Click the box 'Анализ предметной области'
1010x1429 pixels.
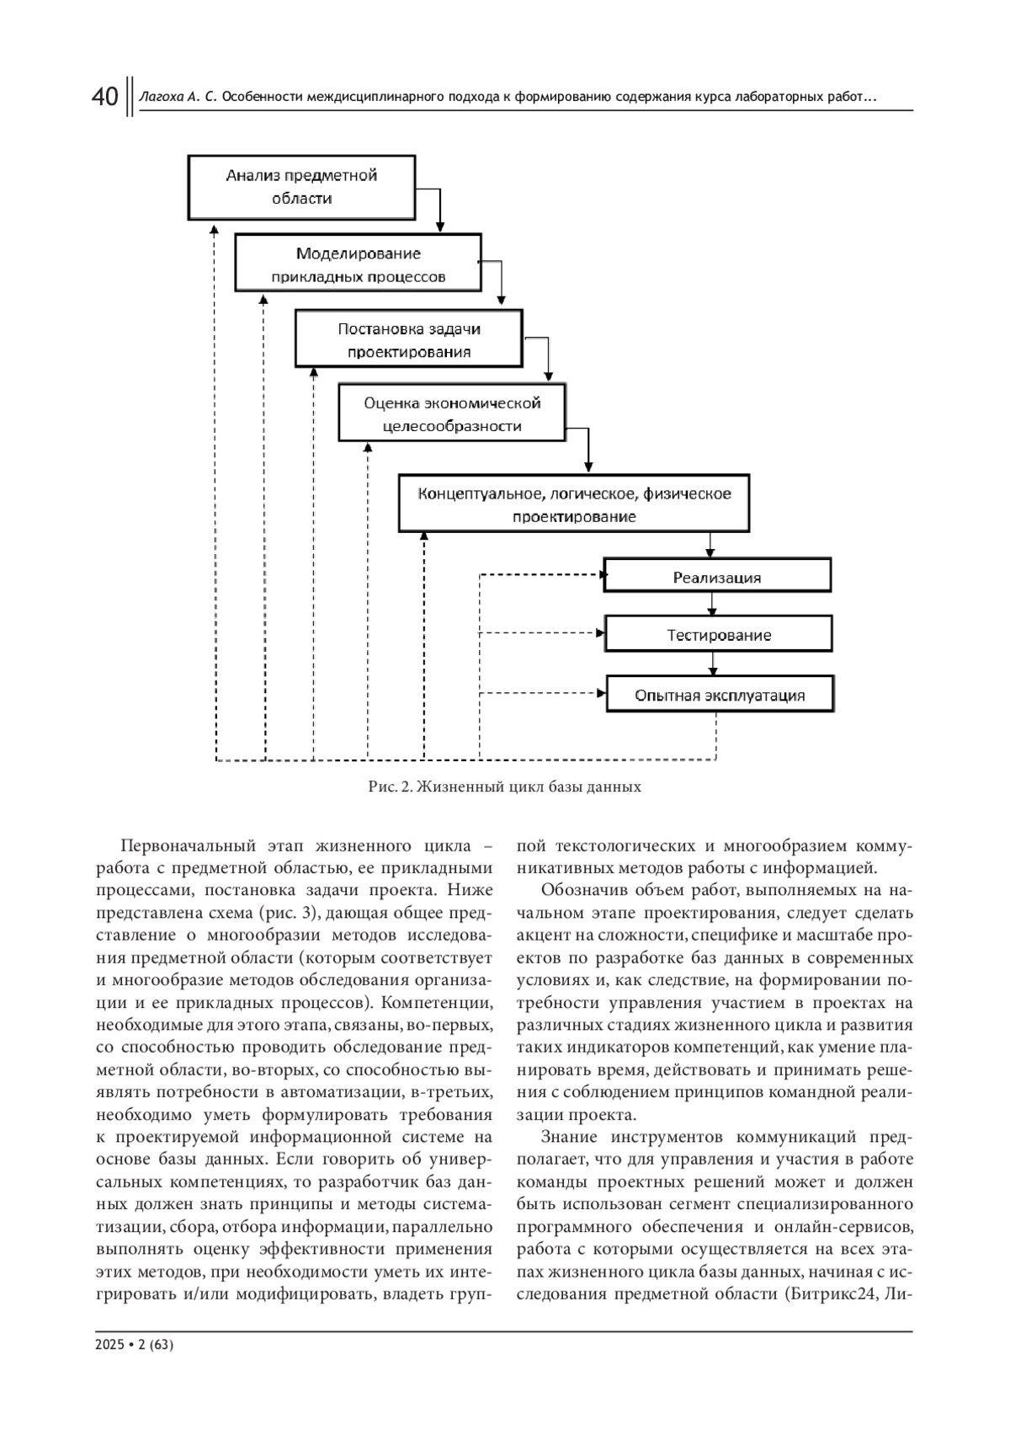click(301, 187)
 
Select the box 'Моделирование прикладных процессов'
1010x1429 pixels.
click(358, 264)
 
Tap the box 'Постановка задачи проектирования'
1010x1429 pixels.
click(408, 340)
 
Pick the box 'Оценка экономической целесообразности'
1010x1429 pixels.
click(451, 414)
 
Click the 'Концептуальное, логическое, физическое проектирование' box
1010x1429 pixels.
click(574, 504)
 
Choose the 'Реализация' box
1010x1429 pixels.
click(717, 577)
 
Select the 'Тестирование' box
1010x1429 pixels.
click(719, 635)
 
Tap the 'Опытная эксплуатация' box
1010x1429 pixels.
click(720, 695)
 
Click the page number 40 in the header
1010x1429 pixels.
click(104, 98)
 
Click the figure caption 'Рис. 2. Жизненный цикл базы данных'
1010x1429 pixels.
click(505, 787)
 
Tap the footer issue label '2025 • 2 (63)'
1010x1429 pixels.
click(135, 1346)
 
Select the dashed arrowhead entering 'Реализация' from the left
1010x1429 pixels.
click(602, 576)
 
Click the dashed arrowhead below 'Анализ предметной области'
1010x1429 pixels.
click(215, 228)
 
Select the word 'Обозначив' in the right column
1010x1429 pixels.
click(581, 891)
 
